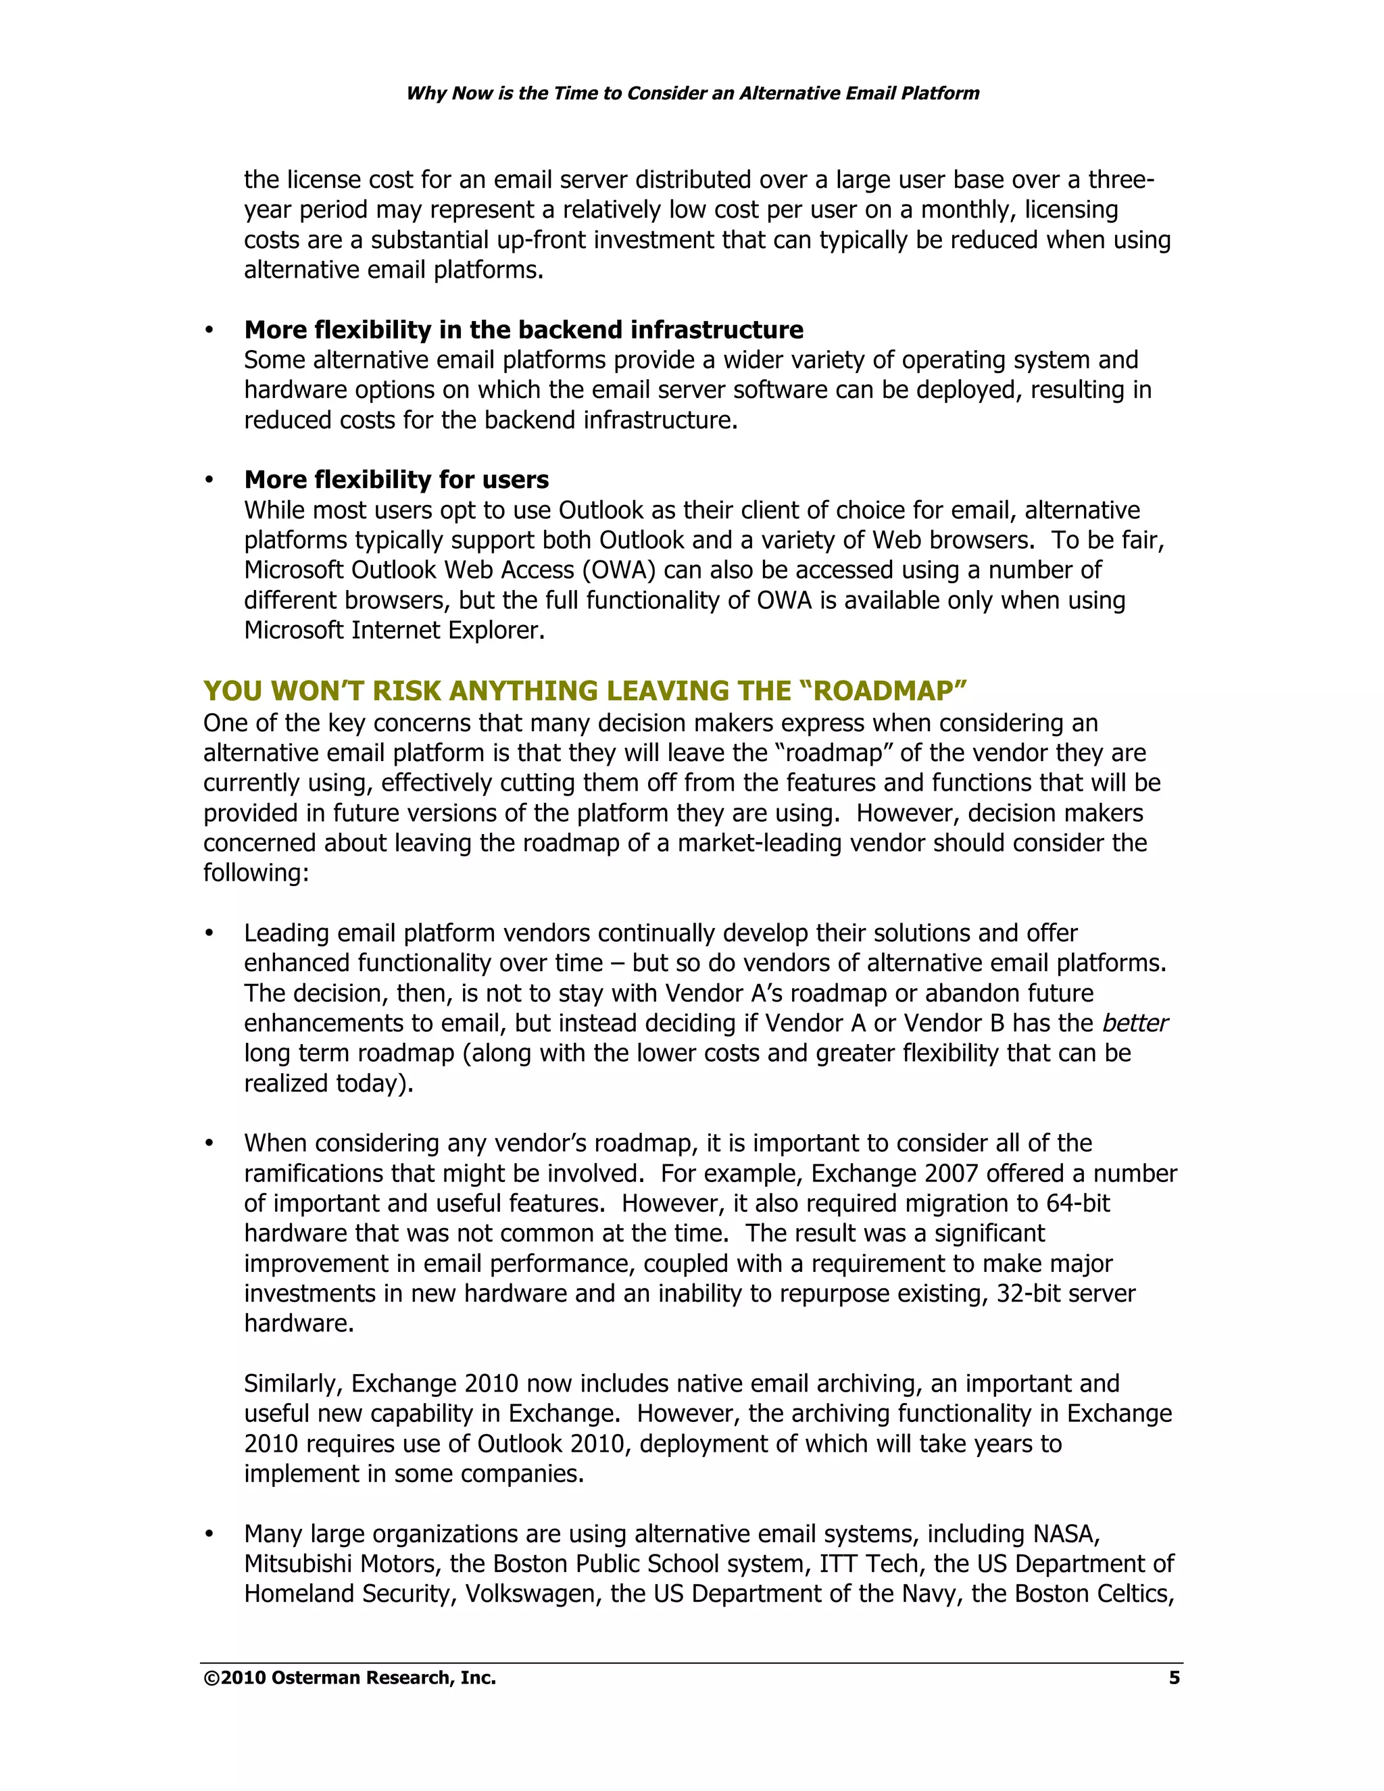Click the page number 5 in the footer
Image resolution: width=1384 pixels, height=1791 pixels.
click(1174, 1678)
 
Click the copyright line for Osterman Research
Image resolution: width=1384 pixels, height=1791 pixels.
click(350, 1678)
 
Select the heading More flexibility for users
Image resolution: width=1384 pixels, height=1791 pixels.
click(396, 480)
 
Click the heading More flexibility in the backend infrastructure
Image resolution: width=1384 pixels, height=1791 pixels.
click(523, 330)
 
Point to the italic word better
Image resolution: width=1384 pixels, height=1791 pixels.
click(1135, 1023)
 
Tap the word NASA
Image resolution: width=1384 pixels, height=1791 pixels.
click(1065, 1534)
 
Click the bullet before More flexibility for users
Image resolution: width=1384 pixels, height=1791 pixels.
click(209, 480)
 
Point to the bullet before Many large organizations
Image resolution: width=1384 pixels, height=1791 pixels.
click(209, 1534)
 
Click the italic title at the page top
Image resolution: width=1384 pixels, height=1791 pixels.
click(693, 93)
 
